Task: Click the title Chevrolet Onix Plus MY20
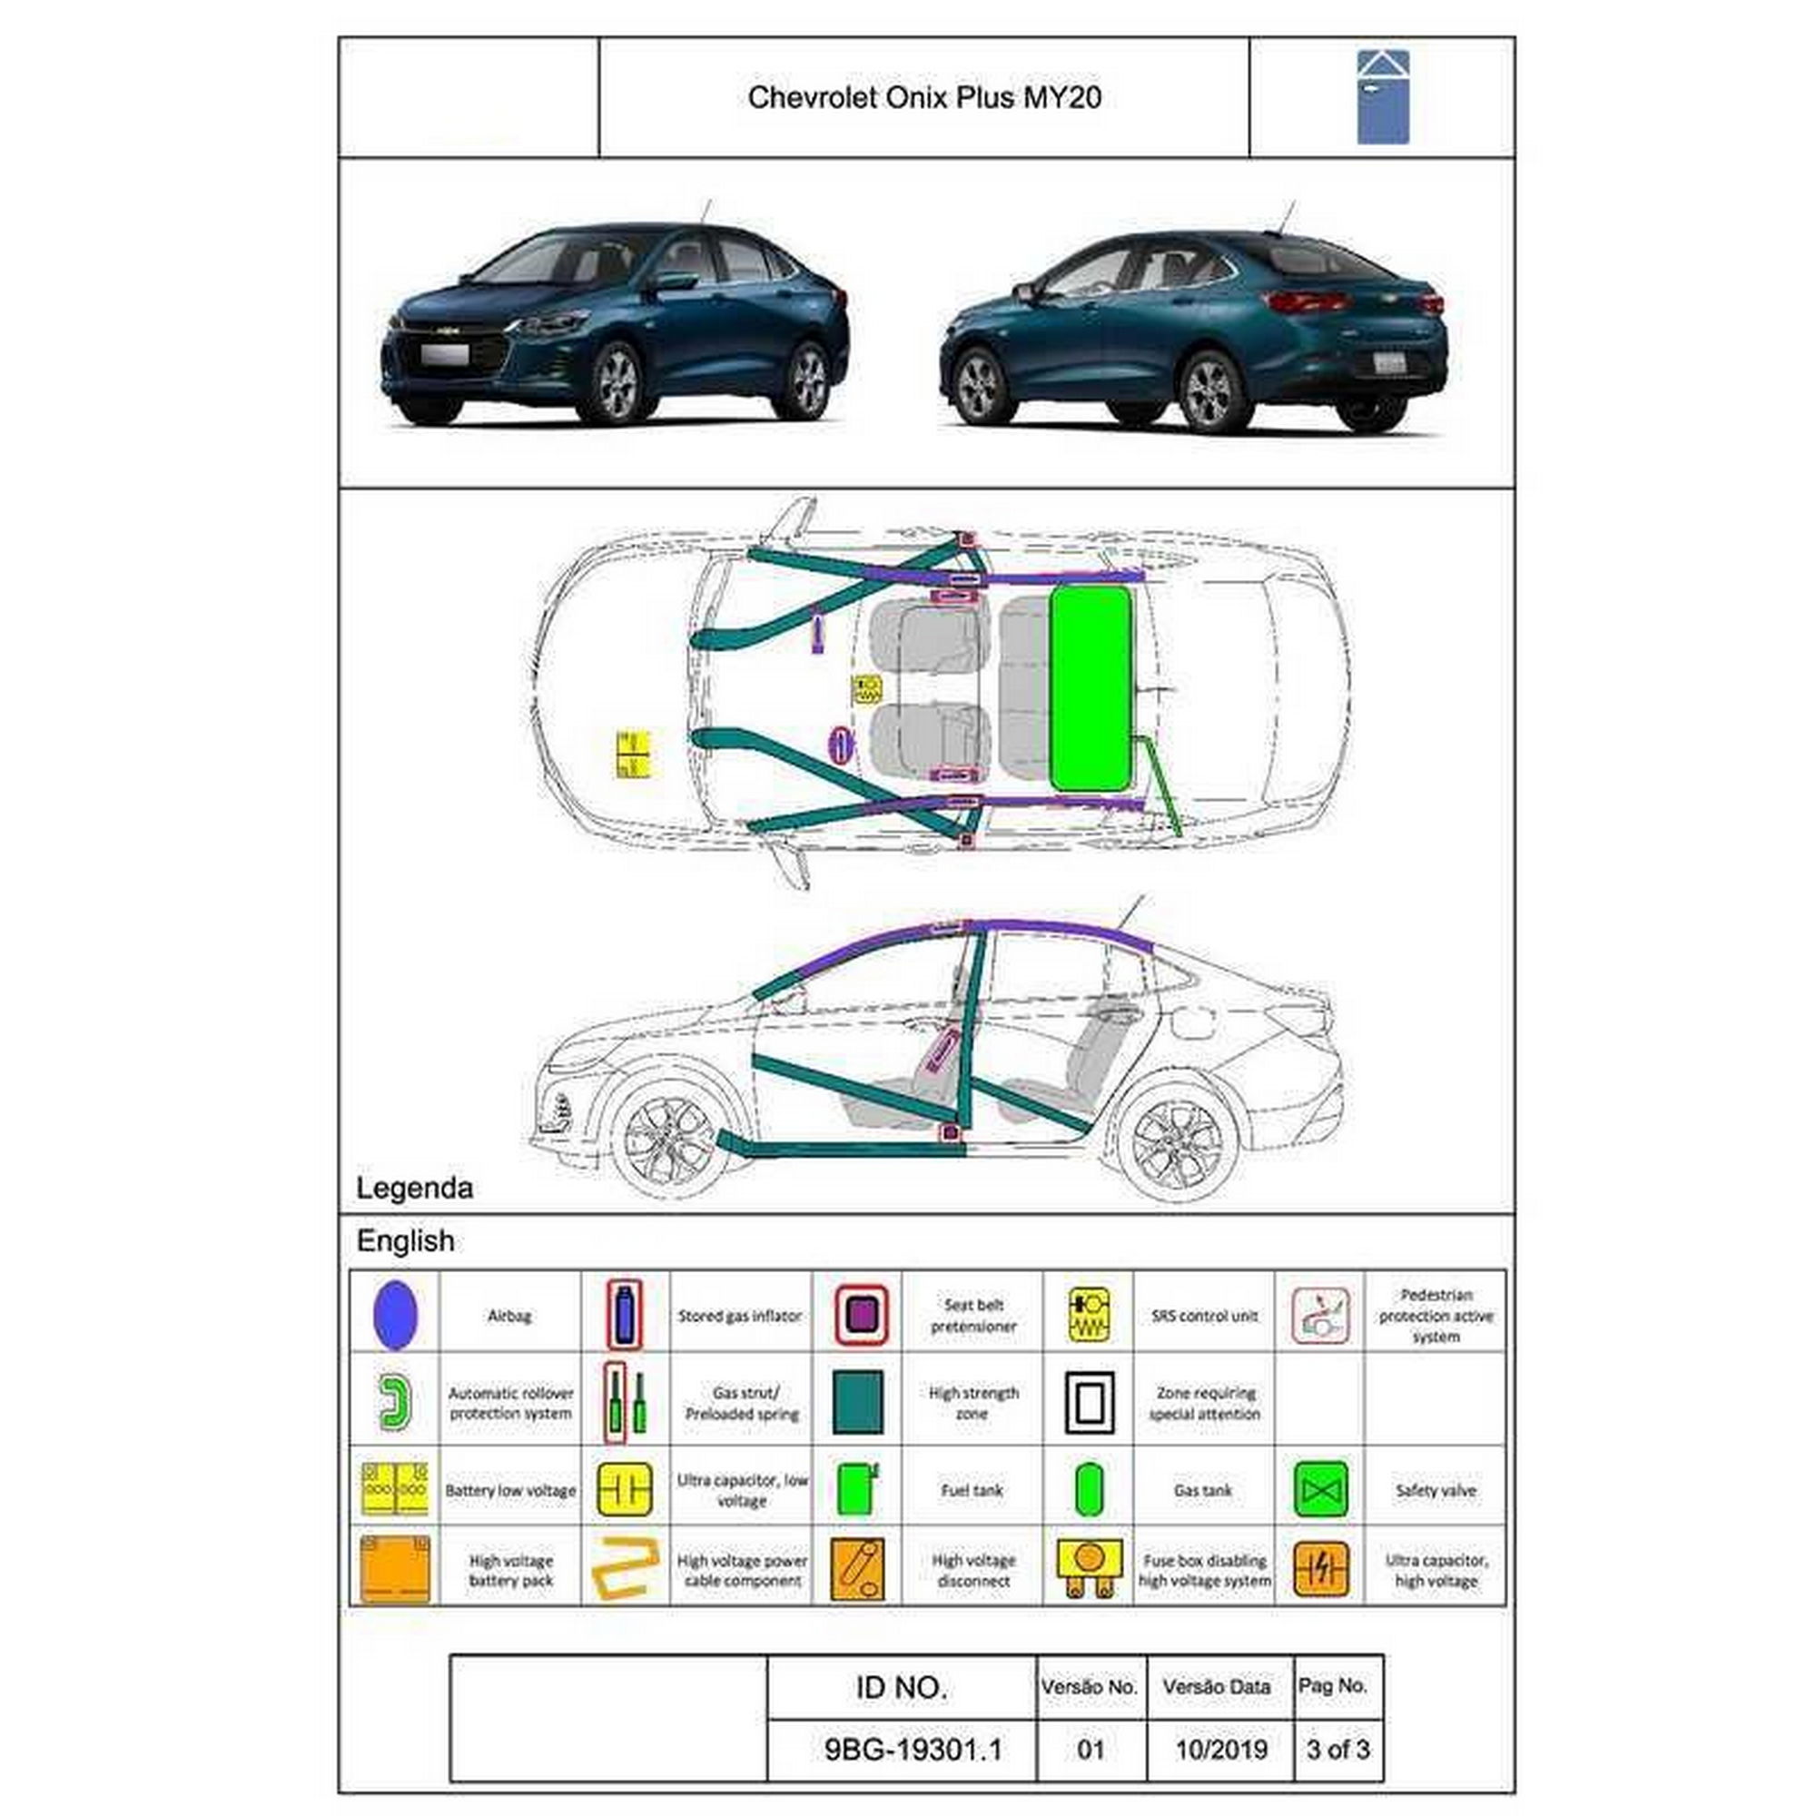(924, 98)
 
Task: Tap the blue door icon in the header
(1382, 97)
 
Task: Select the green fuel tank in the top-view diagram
(1091, 688)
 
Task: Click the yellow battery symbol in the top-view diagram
(634, 754)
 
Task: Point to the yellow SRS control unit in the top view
(865, 690)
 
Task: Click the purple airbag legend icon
(395, 1314)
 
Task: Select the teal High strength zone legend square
(857, 1401)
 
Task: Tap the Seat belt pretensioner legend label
(972, 1315)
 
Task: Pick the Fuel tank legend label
(972, 1490)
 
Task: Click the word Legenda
(415, 1188)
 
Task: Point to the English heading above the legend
(405, 1240)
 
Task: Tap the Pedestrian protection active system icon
(1320, 1315)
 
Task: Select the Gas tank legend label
(1203, 1490)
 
